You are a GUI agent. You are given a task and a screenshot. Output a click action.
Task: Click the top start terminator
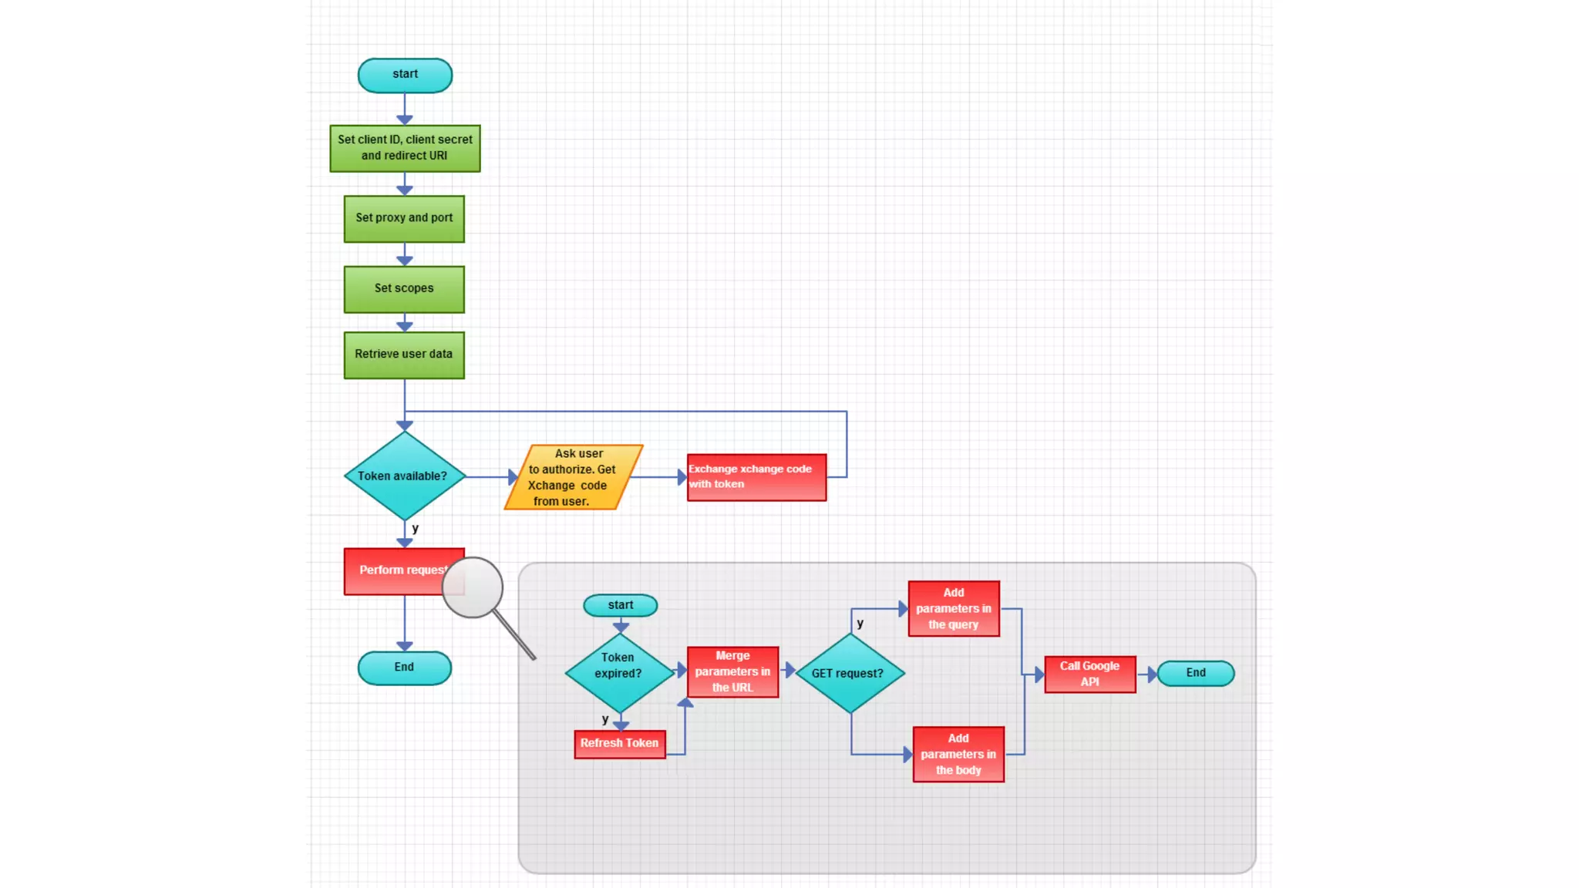[405, 75]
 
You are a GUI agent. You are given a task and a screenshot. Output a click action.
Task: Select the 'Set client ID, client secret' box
[405, 148]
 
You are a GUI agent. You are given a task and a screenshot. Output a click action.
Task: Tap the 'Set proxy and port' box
[404, 219]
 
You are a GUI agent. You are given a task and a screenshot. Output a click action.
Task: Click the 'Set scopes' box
[404, 289]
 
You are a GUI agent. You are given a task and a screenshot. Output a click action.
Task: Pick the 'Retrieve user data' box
[404, 355]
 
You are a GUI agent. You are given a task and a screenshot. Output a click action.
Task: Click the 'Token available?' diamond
[404, 476]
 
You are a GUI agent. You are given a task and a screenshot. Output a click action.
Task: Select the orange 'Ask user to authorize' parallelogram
[573, 477]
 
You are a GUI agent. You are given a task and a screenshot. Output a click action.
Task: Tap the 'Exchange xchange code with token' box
[756, 477]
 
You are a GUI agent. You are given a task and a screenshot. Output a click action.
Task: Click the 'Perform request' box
[393, 571]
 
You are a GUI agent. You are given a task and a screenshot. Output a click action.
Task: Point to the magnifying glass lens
[473, 587]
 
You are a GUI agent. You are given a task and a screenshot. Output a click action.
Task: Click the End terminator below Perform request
[404, 668]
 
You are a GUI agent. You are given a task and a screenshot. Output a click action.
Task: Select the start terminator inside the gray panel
[620, 605]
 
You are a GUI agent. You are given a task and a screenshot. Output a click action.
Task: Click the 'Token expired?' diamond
[619, 672]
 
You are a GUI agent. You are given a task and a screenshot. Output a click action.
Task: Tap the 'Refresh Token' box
[619, 744]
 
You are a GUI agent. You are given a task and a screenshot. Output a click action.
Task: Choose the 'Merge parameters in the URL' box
[732, 671]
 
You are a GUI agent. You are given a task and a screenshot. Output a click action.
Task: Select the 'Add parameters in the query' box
[954, 608]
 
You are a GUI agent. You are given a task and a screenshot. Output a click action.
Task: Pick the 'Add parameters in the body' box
[958, 754]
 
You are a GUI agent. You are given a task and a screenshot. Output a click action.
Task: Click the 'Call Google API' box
[1089, 674]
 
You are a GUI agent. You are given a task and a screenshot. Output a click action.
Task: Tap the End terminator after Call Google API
[1195, 673]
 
